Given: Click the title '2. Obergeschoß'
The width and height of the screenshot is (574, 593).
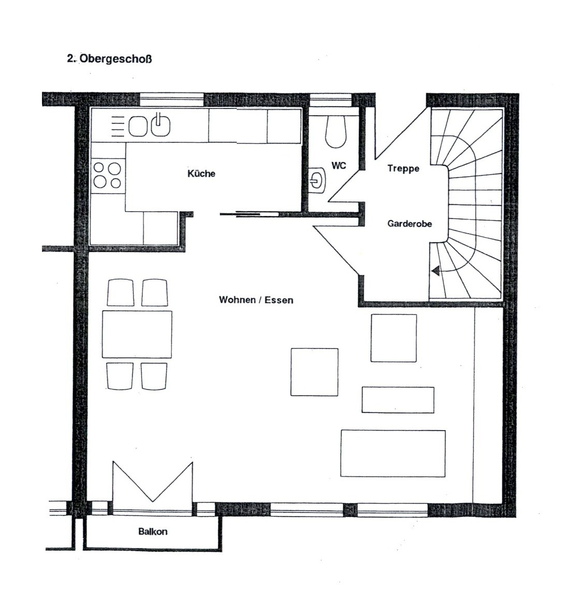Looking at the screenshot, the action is (109, 60).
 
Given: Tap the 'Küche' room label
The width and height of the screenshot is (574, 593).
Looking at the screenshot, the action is (202, 174).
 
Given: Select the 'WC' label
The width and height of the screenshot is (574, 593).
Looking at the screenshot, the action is (339, 166).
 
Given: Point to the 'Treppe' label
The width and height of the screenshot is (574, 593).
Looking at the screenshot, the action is (403, 168).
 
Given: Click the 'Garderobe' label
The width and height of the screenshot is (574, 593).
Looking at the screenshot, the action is (410, 223).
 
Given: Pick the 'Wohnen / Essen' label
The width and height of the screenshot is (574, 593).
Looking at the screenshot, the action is (256, 300).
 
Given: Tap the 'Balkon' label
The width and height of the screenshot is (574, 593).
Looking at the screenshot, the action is (153, 531).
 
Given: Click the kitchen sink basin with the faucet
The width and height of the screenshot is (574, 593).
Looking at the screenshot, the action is (161, 125).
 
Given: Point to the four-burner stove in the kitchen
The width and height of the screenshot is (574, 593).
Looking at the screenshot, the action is (107, 175).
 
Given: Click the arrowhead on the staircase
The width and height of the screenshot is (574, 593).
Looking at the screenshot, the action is (435, 271).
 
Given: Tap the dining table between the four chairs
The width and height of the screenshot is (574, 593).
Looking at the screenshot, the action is (137, 334).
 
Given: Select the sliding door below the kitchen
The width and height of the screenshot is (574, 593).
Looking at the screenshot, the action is (249, 215).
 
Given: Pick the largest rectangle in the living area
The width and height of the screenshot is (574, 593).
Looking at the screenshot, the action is (393, 454).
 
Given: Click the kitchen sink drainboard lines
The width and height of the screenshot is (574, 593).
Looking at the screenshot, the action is (118, 126).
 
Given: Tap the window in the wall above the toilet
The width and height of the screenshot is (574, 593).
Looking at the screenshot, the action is (331, 100).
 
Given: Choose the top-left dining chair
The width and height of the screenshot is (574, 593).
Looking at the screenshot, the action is (121, 292).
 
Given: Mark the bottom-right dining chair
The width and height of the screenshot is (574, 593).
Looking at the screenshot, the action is (154, 376).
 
